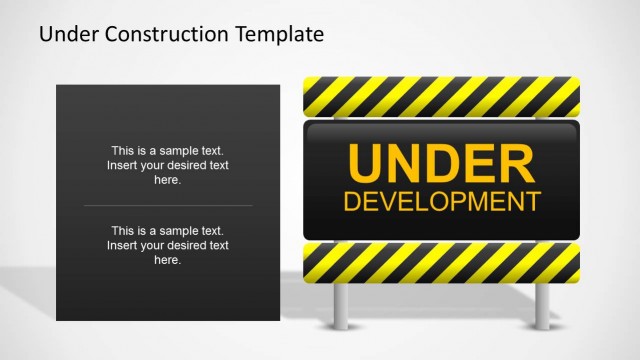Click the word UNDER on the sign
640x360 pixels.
pos(441,163)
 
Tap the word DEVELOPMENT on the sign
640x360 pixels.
pos(441,200)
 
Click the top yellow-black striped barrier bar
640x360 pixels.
pos(441,96)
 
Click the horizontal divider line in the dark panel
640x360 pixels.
pos(168,205)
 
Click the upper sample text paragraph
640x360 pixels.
pos(168,165)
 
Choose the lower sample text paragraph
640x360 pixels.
pos(168,245)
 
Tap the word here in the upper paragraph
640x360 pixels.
pos(168,180)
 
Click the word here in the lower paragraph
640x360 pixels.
pos(168,260)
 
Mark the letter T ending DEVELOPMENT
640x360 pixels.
pos(531,200)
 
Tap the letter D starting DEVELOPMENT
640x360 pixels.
pos(351,200)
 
